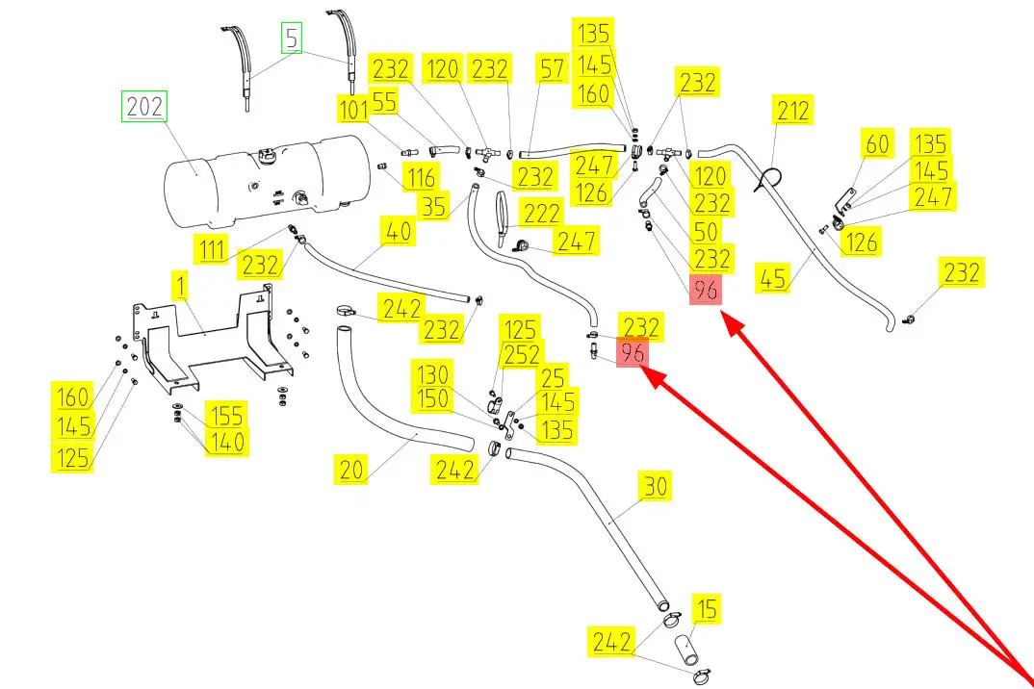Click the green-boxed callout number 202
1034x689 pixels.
coord(143,107)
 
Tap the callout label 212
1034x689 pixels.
coord(792,111)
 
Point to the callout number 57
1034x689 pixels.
coord(554,70)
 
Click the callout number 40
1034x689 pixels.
coord(397,232)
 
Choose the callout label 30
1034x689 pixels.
coord(655,487)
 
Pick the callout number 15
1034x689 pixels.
coord(706,609)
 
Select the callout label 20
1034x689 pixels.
coord(351,470)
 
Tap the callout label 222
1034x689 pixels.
coord(542,213)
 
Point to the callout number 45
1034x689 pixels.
coord(773,278)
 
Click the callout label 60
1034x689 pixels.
coord(877,145)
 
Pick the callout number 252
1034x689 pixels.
coord(522,354)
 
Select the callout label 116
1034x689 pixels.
coord(420,177)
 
